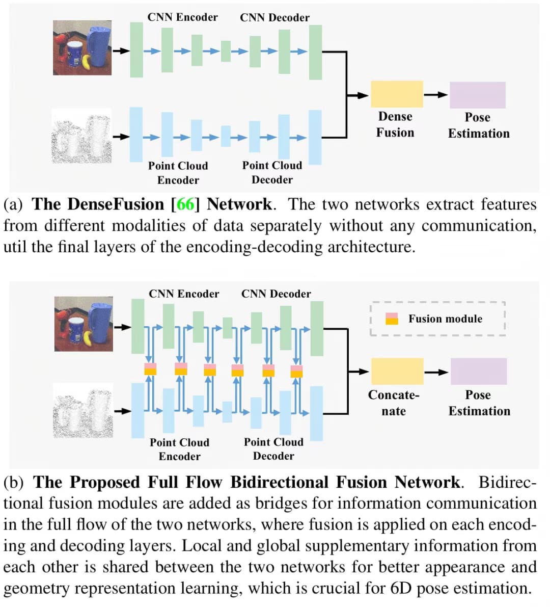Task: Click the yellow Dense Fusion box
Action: click(x=396, y=94)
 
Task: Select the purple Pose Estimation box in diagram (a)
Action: click(x=477, y=95)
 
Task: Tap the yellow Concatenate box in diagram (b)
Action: click(x=397, y=371)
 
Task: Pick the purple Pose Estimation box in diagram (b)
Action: click(x=478, y=371)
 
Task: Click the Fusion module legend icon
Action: click(x=392, y=319)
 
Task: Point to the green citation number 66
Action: click(x=186, y=204)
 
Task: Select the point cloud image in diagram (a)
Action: click(x=82, y=136)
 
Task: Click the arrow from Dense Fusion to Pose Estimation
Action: click(x=436, y=94)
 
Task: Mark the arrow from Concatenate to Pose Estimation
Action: click(x=436, y=372)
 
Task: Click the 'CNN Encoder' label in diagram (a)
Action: click(x=182, y=17)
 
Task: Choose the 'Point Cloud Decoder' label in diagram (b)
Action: click(x=273, y=448)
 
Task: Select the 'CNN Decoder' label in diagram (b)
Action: click(x=276, y=294)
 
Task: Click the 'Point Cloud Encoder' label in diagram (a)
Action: click(x=178, y=173)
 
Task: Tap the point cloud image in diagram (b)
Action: click(x=83, y=412)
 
